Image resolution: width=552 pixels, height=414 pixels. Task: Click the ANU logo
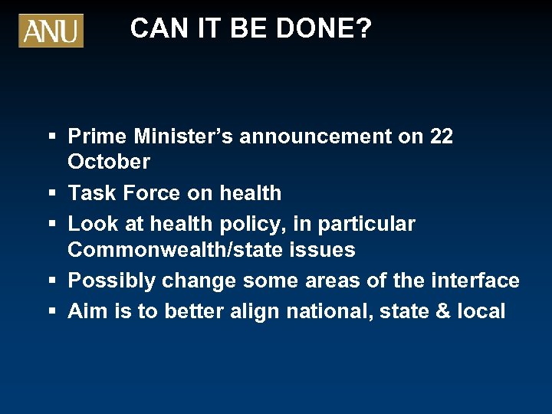coord(51,31)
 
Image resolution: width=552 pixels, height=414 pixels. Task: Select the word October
coord(109,162)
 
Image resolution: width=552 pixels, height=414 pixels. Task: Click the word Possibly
coord(112,281)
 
